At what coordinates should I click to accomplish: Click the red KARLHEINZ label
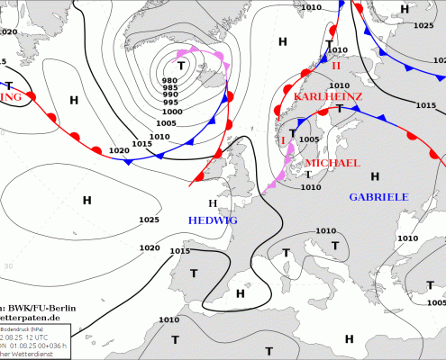(x=327, y=96)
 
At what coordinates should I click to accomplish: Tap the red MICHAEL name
(x=332, y=163)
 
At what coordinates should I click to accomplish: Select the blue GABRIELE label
(x=378, y=196)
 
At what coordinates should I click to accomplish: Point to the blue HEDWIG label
(x=214, y=220)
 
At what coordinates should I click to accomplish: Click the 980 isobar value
(x=169, y=81)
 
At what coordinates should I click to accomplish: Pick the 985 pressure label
(x=169, y=88)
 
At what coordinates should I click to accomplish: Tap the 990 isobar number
(x=169, y=95)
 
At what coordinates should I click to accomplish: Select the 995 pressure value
(x=169, y=103)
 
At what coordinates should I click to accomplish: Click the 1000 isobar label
(x=170, y=112)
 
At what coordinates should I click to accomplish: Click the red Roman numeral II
(x=336, y=66)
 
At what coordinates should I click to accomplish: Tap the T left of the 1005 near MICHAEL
(x=293, y=134)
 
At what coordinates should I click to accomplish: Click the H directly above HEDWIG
(x=213, y=203)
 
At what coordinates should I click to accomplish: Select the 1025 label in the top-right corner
(x=423, y=25)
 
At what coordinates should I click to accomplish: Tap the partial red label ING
(x=12, y=96)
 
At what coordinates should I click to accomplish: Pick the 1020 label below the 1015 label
(x=119, y=150)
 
